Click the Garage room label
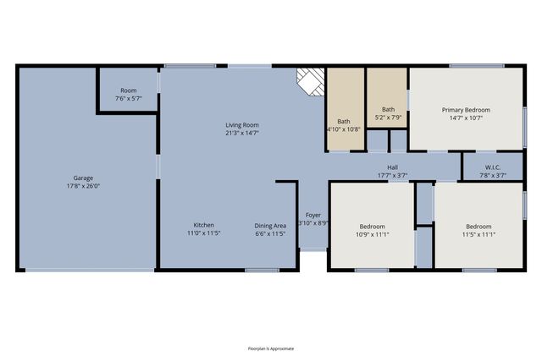(x=83, y=178)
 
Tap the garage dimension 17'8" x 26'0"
(x=83, y=186)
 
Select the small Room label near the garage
(x=128, y=90)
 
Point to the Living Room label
(x=242, y=124)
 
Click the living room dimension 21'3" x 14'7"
(x=242, y=133)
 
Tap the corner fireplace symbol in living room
(x=309, y=82)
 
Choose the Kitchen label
(x=203, y=225)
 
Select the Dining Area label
(x=270, y=225)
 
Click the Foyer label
(x=312, y=215)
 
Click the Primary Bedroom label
(x=466, y=110)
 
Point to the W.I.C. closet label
(x=493, y=167)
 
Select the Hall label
(x=393, y=167)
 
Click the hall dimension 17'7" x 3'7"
(x=393, y=176)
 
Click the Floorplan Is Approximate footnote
(x=270, y=347)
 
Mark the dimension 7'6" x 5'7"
(x=128, y=99)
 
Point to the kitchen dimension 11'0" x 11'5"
(x=203, y=233)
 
